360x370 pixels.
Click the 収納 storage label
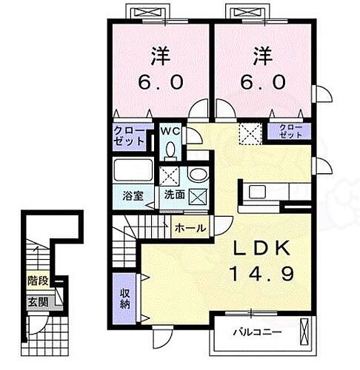125,297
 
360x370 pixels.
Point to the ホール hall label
190,229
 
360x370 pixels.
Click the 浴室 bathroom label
133,198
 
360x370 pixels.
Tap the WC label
172,132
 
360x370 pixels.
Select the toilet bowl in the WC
172,150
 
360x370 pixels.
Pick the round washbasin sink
198,175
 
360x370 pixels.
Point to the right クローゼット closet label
290,131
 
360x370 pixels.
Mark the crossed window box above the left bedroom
144,12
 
